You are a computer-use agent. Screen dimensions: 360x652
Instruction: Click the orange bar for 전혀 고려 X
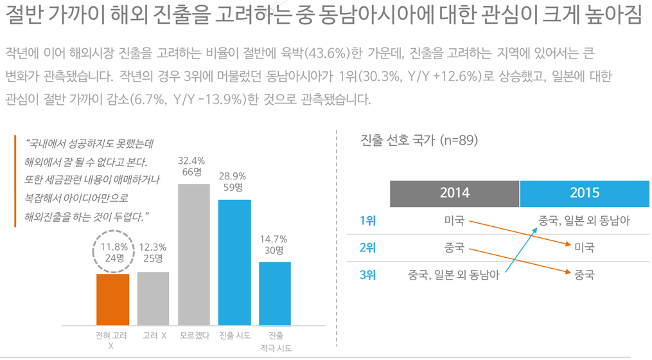coord(112,300)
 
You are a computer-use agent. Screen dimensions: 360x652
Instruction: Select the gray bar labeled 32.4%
coord(194,255)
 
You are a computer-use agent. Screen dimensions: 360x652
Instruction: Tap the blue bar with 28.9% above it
coord(234,262)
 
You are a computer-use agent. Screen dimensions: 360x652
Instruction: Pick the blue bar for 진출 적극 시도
coord(275,293)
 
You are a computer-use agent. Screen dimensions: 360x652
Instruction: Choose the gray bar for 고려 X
coord(154,298)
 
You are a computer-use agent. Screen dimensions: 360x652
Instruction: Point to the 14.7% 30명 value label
coord(275,245)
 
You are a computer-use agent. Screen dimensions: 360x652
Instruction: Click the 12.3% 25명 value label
coord(152,252)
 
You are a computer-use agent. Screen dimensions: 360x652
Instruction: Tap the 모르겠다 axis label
coord(194,336)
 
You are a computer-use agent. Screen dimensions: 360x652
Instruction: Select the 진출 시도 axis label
coord(234,336)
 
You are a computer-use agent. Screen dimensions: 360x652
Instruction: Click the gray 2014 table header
coord(454,193)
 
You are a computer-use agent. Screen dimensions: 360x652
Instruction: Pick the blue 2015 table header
coord(585,193)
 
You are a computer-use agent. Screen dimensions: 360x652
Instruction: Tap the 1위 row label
coord(367,221)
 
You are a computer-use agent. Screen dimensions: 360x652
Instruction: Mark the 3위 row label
coord(367,275)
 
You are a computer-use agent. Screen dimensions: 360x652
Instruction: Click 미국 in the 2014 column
coord(454,221)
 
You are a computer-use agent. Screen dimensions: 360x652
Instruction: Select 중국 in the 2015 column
coord(584,275)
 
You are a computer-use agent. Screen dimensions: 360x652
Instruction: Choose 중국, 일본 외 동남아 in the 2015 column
coord(584,221)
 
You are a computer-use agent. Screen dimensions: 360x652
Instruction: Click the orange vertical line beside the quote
coord(15,181)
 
